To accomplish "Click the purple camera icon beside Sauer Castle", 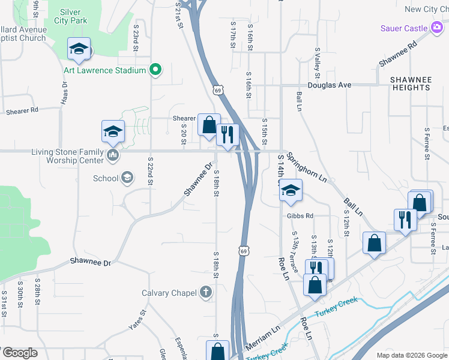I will [436, 28].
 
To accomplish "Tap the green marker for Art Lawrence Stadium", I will [155, 70].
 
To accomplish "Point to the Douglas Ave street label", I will [330, 85].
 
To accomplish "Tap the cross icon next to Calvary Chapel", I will [205, 293].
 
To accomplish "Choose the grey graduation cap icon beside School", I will [127, 178].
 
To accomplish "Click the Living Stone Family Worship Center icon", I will [112, 156].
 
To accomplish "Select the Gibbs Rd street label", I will [300, 216].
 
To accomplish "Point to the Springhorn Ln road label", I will [306, 167].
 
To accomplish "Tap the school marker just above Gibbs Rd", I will [291, 190].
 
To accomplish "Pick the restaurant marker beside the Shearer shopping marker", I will [228, 134].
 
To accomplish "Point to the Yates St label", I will [137, 320].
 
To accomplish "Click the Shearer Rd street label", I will [22, 111].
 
